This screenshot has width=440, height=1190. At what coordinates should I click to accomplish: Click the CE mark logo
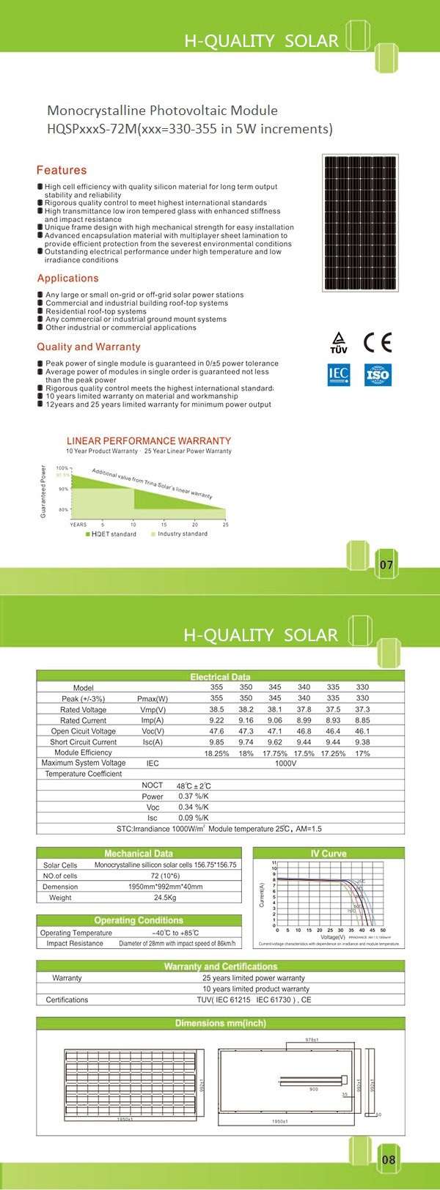click(x=378, y=343)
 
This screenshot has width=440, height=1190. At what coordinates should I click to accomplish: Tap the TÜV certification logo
click(x=338, y=343)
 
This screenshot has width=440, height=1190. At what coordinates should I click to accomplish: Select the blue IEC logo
click(x=338, y=374)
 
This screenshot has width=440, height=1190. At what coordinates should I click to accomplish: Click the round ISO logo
click(x=378, y=375)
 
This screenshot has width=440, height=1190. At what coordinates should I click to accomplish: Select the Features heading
click(x=62, y=170)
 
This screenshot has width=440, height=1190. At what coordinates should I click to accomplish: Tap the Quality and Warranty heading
click(x=88, y=347)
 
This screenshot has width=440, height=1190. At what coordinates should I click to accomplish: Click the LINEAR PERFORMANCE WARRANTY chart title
click(x=149, y=441)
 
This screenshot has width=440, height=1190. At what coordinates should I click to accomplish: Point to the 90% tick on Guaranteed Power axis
click(x=63, y=489)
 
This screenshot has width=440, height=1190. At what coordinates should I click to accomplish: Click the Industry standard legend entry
click(x=182, y=534)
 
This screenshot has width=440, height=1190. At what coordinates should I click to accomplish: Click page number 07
click(x=386, y=565)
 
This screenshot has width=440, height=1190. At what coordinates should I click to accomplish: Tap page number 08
click(x=388, y=1159)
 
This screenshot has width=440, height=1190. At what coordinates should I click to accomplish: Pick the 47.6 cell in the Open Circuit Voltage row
click(x=216, y=731)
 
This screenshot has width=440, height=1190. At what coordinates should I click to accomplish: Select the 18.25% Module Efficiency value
click(x=216, y=753)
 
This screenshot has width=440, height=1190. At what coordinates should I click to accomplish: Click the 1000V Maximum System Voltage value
click(x=285, y=764)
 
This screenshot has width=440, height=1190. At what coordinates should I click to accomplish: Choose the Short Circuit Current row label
click(x=83, y=742)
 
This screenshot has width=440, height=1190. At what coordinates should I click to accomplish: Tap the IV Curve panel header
click(x=328, y=854)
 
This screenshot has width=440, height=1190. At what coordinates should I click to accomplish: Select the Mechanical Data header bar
click(x=139, y=854)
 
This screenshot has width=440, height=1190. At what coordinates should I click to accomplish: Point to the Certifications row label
click(x=67, y=999)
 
